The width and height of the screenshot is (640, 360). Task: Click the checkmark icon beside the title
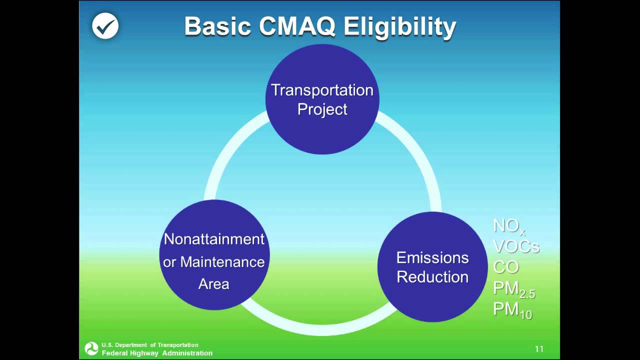click(105, 26)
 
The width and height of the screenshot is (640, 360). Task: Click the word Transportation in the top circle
click(322, 90)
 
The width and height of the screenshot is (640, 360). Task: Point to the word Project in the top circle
click(322, 109)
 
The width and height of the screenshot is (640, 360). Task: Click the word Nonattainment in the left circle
click(214, 239)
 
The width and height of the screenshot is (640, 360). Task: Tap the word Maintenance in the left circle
click(222, 261)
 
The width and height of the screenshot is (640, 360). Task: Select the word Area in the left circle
click(213, 284)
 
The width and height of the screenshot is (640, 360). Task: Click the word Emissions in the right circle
click(432, 257)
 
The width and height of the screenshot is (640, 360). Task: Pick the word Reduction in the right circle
click(432, 277)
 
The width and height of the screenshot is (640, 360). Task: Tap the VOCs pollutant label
click(515, 246)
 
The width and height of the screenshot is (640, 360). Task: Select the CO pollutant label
click(505, 266)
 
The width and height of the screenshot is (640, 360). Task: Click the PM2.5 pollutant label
click(513, 288)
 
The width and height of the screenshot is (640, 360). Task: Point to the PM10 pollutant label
click(512, 309)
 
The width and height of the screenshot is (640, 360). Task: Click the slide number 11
click(539, 349)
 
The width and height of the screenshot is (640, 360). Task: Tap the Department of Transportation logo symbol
click(91, 348)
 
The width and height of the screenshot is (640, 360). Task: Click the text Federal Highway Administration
click(157, 353)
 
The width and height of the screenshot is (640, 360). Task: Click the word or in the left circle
click(169, 262)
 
